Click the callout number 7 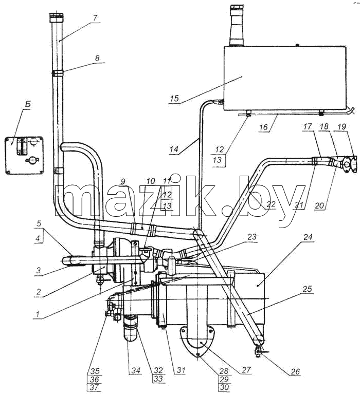click(x=95, y=18)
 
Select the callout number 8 click(x=97, y=58)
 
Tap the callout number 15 click(x=174, y=98)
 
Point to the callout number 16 click(x=263, y=127)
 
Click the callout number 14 click(x=174, y=149)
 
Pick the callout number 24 click(x=308, y=237)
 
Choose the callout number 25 click(x=307, y=289)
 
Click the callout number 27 click(x=246, y=369)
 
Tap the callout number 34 click(x=136, y=370)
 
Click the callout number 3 click(x=38, y=271)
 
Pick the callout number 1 click(x=38, y=314)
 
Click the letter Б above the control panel click(x=28, y=104)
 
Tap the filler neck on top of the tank click(x=236, y=25)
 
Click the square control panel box click(x=25, y=155)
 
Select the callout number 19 click(x=342, y=127)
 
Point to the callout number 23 click(x=252, y=237)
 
